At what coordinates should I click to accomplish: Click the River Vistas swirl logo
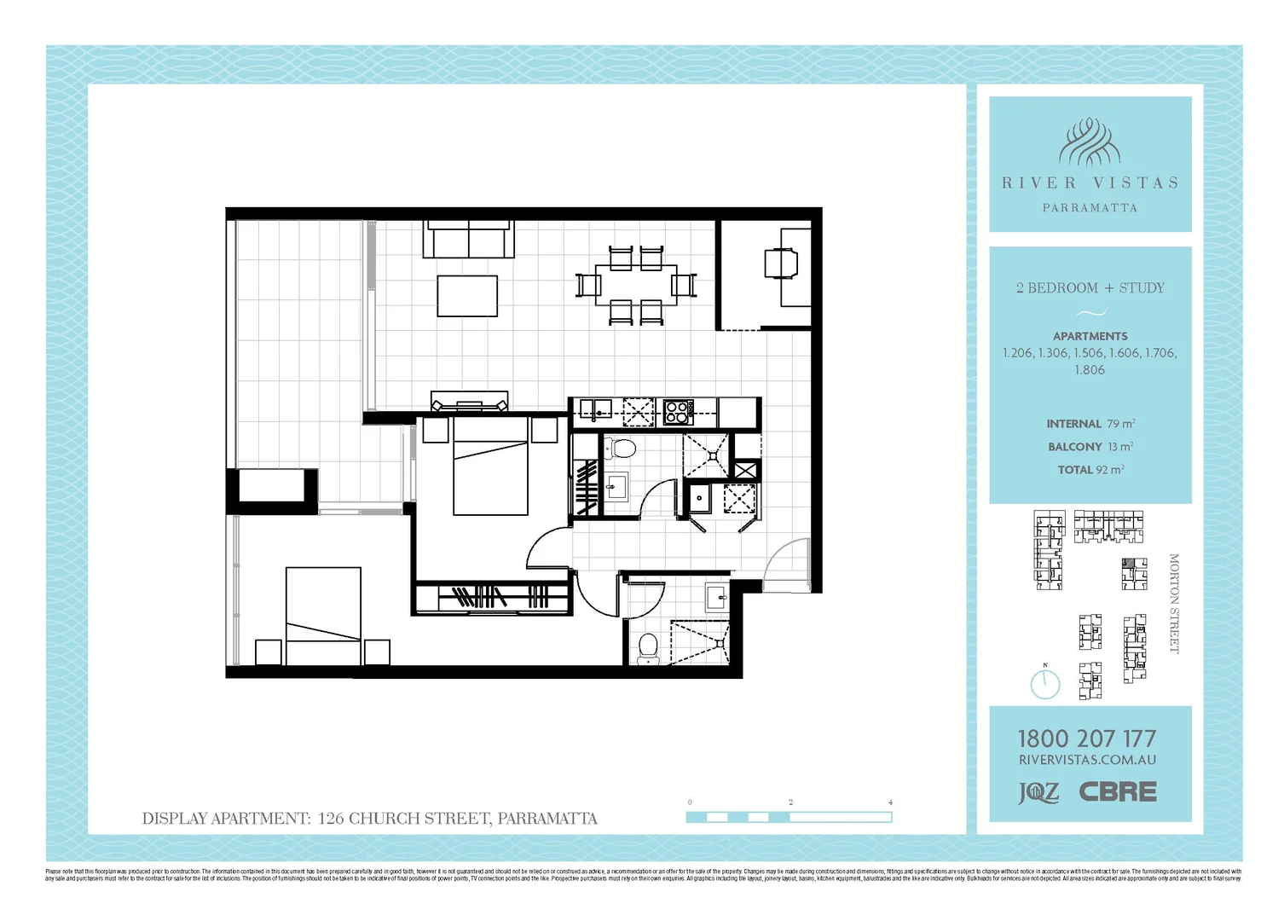1090,142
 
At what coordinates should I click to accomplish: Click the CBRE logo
1118,792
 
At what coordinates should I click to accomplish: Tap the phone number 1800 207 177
1087,739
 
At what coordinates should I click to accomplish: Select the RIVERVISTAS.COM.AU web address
1087,760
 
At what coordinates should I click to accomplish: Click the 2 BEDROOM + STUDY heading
1090,288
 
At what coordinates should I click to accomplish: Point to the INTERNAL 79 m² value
1090,424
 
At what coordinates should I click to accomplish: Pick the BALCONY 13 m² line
1090,447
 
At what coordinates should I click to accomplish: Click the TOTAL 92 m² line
1090,470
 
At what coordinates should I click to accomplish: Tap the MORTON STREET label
1174,604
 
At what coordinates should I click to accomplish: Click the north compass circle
1045,684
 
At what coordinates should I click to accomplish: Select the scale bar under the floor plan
789,817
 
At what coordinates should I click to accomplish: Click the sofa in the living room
469,239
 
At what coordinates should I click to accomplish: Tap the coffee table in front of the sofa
467,296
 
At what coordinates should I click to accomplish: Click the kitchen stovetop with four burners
678,413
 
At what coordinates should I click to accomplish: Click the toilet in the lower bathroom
648,648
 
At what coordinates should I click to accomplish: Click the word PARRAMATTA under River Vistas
1090,208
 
